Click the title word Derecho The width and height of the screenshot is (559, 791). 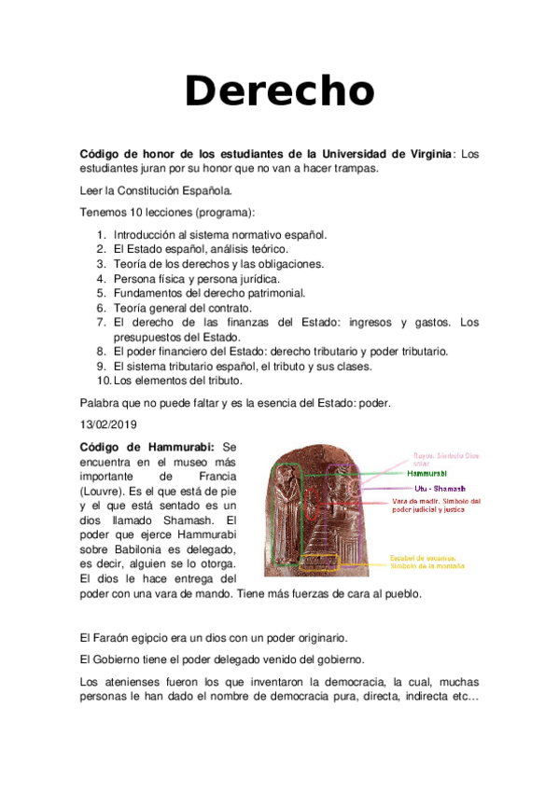click(x=279, y=91)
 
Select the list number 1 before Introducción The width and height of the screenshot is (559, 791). click(x=102, y=235)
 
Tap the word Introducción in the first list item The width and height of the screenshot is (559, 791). click(x=149, y=235)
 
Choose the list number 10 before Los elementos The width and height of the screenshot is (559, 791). click(x=103, y=380)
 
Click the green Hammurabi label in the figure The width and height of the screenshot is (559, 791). click(x=427, y=473)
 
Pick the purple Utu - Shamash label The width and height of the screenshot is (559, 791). click(x=439, y=489)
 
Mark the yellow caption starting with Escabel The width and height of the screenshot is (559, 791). click(x=426, y=562)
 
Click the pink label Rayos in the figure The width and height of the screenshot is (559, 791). click(x=427, y=456)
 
